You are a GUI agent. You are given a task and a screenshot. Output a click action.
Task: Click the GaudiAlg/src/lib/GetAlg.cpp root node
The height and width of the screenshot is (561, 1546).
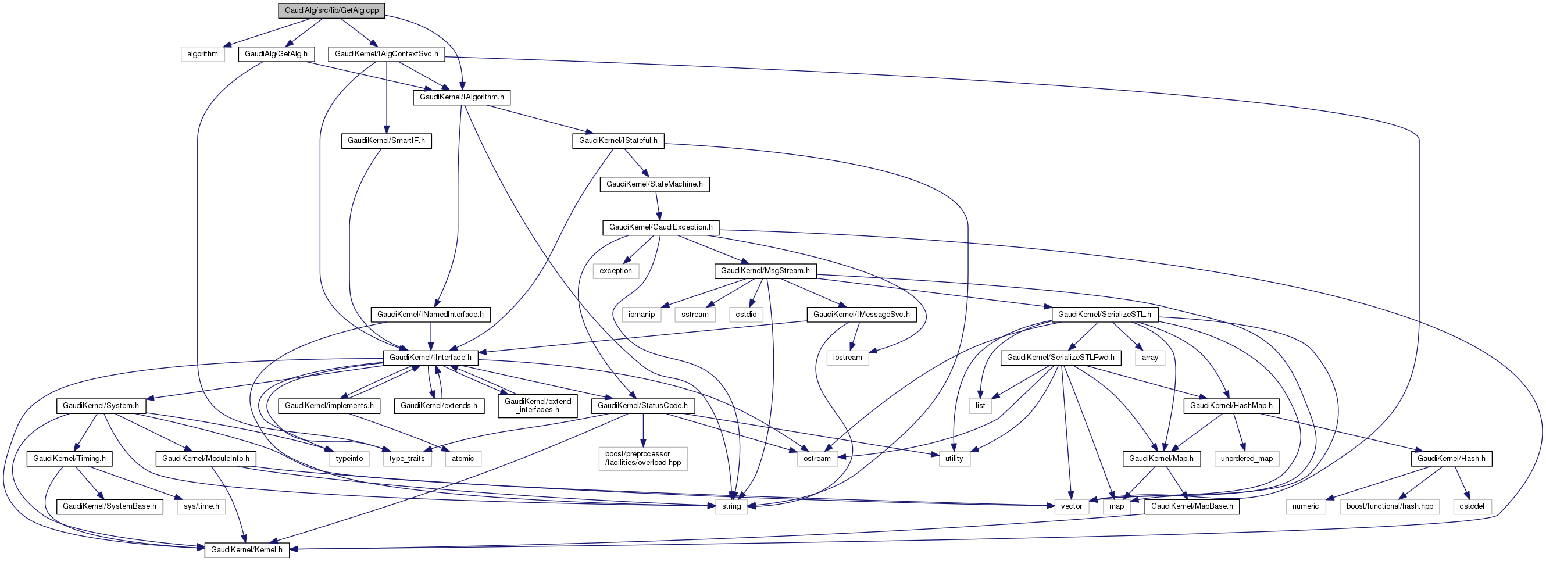coord(331,10)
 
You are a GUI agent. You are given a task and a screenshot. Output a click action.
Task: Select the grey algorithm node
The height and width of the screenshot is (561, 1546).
coord(202,54)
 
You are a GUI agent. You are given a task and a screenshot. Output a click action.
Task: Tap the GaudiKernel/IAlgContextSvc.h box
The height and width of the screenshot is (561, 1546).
coord(387,54)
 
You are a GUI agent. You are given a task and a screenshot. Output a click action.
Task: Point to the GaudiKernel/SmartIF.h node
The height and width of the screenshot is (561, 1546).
coord(386,141)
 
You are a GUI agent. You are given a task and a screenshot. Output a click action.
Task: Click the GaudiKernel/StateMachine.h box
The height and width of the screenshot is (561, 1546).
coord(654,184)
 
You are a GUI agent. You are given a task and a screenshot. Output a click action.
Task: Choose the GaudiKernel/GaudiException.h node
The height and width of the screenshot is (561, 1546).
coord(660,227)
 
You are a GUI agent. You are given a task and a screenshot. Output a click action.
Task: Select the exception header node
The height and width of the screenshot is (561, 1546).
coord(616,271)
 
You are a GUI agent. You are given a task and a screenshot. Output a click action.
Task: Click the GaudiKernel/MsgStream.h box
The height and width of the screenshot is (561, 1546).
coord(765,271)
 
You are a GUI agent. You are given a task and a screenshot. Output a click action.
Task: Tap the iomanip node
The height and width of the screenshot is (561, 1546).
coord(641,315)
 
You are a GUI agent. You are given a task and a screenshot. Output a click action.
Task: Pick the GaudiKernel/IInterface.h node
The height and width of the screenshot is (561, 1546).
coord(430,358)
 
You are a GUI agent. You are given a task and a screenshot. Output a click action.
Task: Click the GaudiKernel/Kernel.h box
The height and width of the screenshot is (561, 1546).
coord(247,549)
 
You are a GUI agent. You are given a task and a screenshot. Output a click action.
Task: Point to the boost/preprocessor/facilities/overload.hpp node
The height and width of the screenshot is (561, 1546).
coord(643,459)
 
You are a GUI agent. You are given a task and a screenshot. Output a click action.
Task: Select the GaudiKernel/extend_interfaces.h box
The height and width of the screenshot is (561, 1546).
coord(537,406)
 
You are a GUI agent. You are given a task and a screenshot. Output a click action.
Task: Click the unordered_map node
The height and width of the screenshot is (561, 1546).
coord(1247,459)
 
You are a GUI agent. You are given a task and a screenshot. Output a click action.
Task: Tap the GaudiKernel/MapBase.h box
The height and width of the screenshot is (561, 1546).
coord(1192,506)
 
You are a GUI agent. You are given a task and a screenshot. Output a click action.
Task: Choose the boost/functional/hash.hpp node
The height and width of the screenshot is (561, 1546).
coord(1390,506)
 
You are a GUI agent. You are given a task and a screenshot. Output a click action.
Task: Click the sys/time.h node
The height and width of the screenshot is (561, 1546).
coord(201,506)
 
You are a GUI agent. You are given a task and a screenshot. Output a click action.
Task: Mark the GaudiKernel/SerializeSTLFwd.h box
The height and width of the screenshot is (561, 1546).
coord(1061,358)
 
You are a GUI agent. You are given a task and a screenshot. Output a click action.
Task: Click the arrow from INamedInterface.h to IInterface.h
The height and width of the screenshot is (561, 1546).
coord(430,336)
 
